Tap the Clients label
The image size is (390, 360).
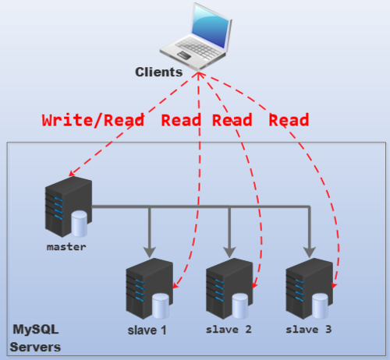click(x=158, y=72)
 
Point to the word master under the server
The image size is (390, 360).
click(x=66, y=247)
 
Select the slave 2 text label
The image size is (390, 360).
click(x=229, y=330)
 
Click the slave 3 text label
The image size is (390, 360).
click(x=309, y=330)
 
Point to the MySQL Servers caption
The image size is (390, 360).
click(x=35, y=337)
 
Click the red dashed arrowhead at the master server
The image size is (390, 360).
click(x=73, y=174)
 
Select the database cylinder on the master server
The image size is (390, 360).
click(x=80, y=225)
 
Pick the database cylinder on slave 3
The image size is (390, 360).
click(x=319, y=305)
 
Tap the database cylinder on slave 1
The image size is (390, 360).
click(x=160, y=305)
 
